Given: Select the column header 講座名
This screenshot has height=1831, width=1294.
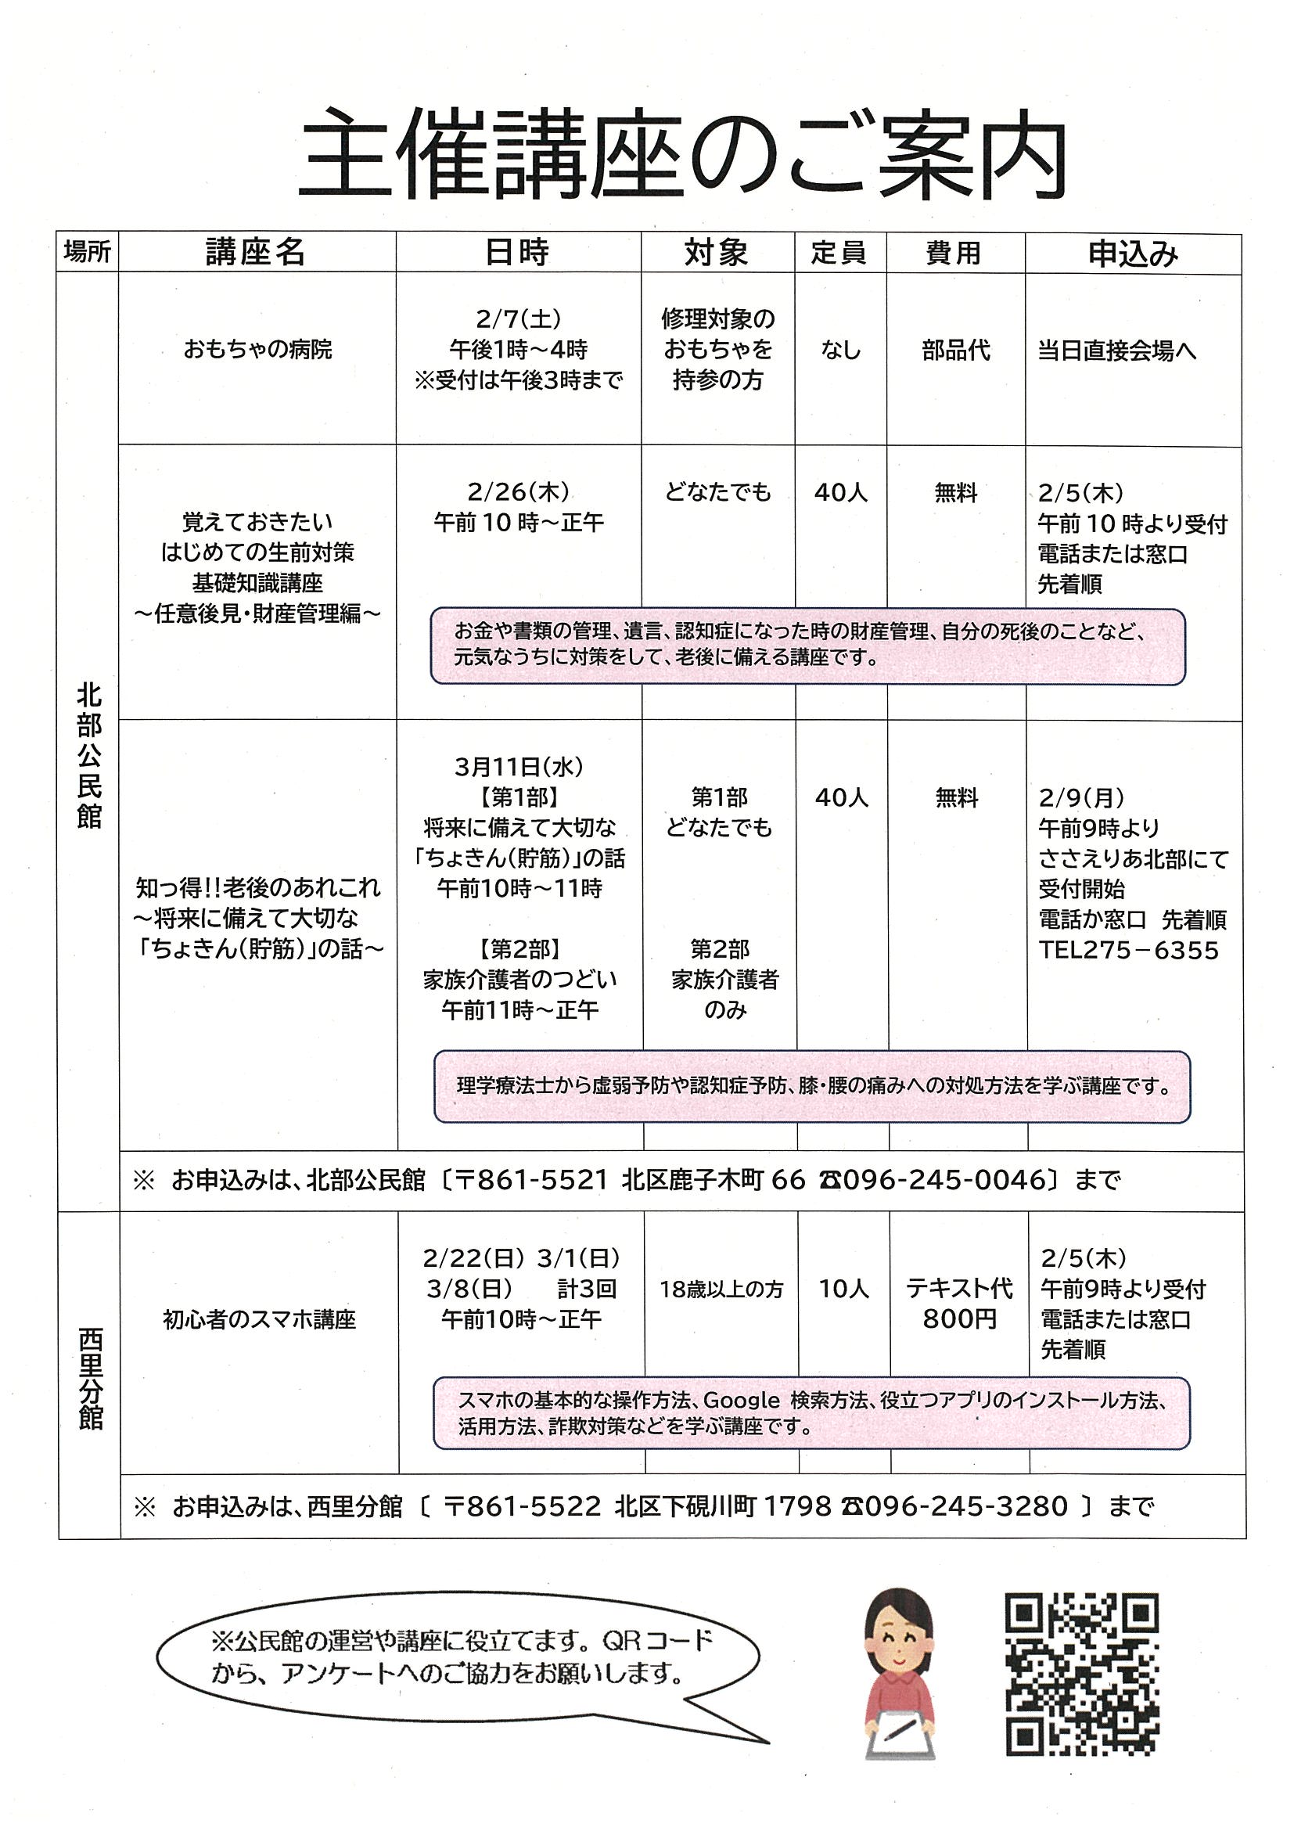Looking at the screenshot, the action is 255,253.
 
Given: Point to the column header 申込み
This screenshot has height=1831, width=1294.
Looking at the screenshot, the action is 1132,254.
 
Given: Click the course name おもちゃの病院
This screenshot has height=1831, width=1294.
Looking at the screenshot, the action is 257,349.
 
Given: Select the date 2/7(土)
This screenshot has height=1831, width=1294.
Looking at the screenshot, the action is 518,319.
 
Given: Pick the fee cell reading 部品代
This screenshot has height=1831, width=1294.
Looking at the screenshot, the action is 956,350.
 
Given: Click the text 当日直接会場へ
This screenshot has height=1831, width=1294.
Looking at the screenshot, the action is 1116,351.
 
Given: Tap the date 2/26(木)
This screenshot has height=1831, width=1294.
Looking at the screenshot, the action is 518,492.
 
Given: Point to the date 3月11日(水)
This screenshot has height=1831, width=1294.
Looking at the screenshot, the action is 519,767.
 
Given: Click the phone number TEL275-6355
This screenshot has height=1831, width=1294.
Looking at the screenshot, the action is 1128,951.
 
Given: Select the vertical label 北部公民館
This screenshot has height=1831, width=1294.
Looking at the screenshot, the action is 89,755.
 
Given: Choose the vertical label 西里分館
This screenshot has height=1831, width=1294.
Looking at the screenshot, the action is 90,1379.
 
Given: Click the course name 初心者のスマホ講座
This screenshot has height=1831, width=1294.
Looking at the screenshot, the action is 259,1320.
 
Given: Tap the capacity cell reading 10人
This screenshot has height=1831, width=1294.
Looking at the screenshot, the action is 843,1289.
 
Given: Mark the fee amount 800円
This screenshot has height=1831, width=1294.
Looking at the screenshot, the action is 959,1320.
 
